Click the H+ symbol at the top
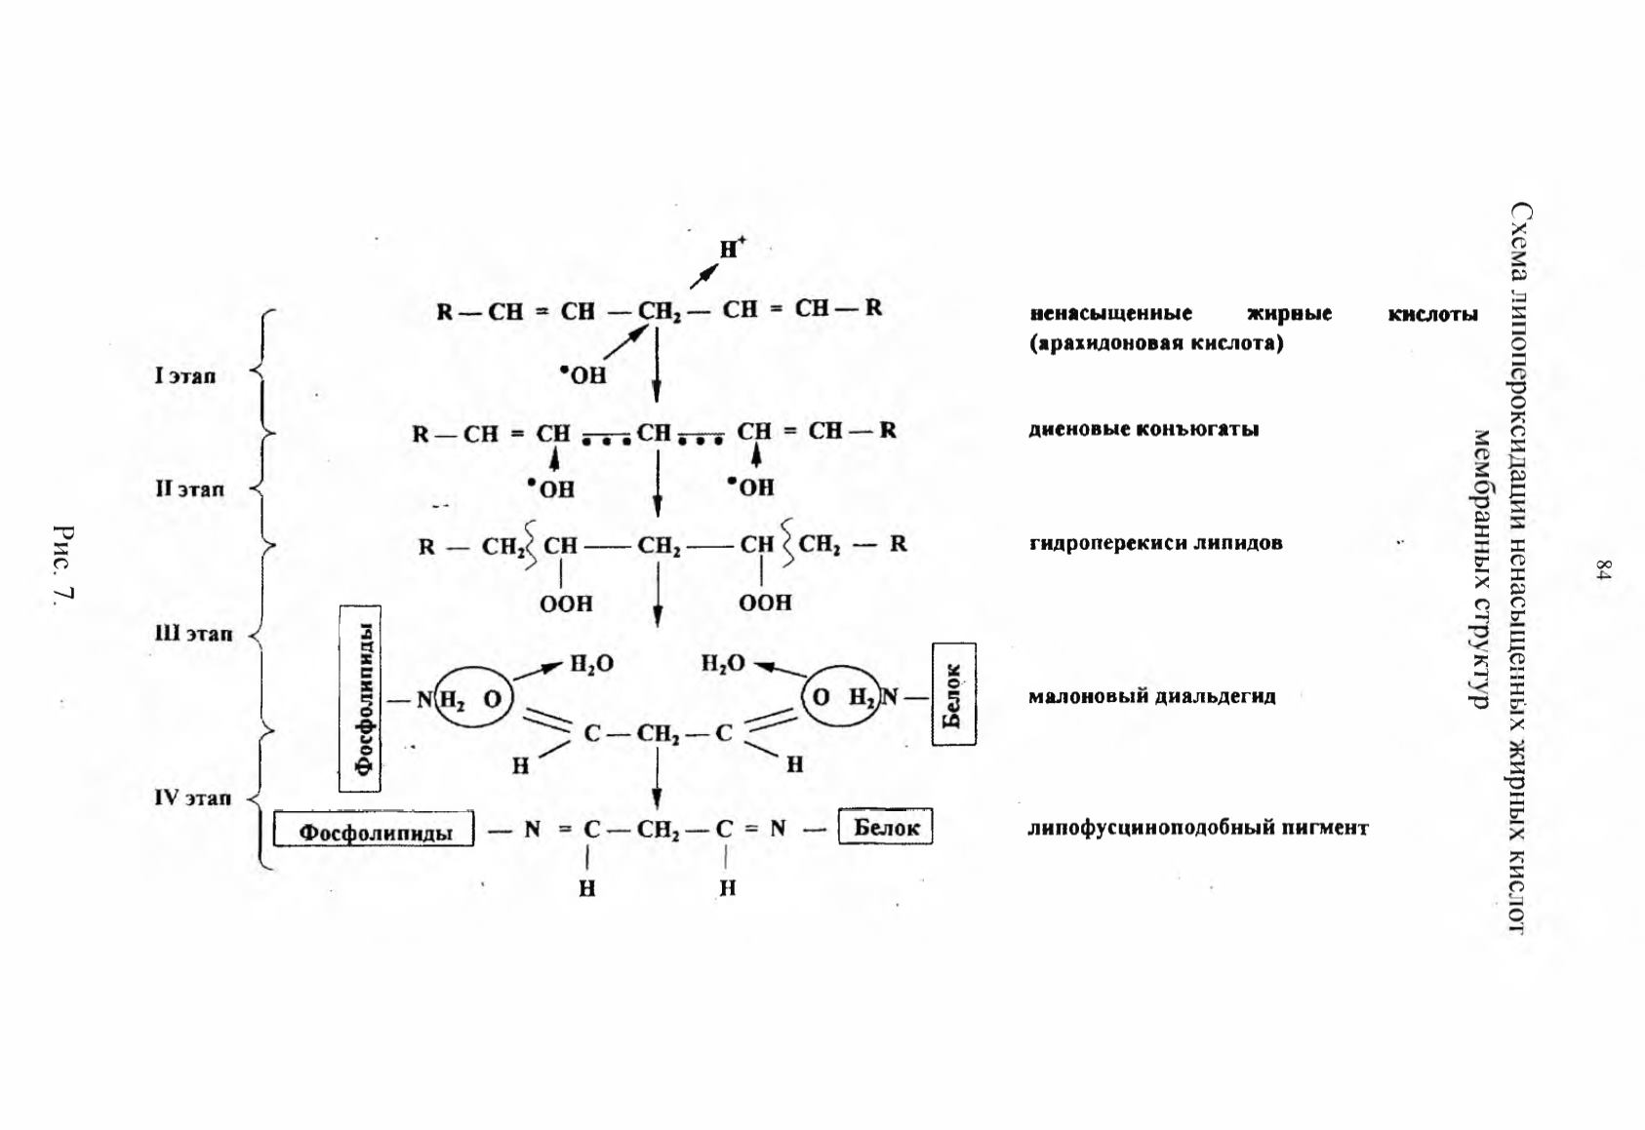click(732, 248)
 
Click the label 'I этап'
click(185, 376)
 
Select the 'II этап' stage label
click(189, 488)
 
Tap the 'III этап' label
click(193, 633)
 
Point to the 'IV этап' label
click(192, 798)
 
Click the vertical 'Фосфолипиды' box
click(360, 698)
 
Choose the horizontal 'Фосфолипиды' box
click(374, 829)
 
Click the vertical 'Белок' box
click(954, 694)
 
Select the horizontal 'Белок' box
click(886, 826)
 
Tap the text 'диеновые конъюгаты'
click(1143, 429)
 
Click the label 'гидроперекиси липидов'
click(1155, 543)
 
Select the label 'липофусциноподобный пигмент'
click(1198, 828)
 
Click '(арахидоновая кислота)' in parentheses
click(1156, 343)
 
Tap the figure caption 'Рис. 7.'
click(64, 564)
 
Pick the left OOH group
click(566, 604)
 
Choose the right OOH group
click(765, 603)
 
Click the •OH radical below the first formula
click(583, 375)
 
